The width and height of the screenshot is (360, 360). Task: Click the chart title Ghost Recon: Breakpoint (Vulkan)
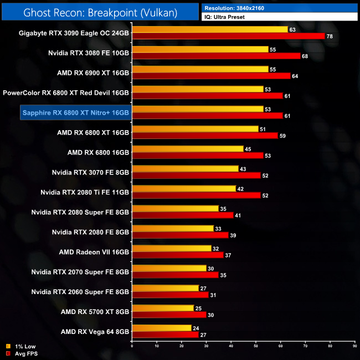tap(100, 11)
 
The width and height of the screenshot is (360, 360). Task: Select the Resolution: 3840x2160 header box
tap(279, 8)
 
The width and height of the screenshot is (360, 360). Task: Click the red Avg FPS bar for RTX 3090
tap(228, 36)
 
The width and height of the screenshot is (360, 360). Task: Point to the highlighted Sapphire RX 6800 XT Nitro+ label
tap(75, 112)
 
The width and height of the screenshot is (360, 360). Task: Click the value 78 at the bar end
tap(330, 36)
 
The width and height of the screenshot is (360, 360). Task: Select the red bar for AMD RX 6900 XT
tap(211, 76)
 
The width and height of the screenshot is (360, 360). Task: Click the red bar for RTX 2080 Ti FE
tap(196, 196)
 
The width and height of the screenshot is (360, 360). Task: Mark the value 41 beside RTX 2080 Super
tap(238, 215)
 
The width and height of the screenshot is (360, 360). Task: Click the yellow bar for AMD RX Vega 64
tap(161, 328)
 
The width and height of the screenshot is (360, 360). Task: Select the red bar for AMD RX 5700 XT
tap(169, 315)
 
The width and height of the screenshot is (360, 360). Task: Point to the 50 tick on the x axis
tap(256, 347)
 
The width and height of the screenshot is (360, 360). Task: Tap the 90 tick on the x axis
tap(355, 347)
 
